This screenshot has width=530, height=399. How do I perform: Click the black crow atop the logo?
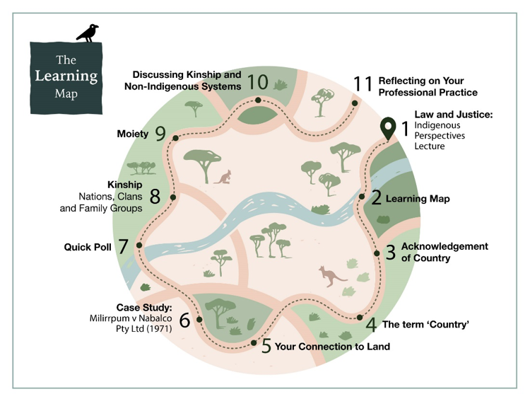pyautogui.click(x=88, y=33)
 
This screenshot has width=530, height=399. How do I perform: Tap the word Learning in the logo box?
pyautogui.click(x=67, y=76)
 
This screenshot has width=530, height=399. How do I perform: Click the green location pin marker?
pyautogui.click(x=388, y=129)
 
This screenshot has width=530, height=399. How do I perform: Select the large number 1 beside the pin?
pyautogui.click(x=405, y=128)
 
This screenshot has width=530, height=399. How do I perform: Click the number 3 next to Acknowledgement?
pyautogui.click(x=390, y=253)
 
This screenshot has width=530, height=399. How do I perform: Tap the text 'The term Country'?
pyautogui.click(x=426, y=325)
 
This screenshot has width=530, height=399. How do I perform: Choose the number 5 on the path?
pyautogui.click(x=266, y=347)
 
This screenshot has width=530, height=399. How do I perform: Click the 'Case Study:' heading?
pyautogui.click(x=145, y=308)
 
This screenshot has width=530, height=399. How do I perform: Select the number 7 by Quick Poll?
pyautogui.click(x=123, y=247)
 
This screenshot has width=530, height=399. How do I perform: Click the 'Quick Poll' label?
pyautogui.click(x=88, y=248)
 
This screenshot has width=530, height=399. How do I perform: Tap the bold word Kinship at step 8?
pyautogui.click(x=125, y=183)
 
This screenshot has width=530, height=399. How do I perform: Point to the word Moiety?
pyautogui.click(x=132, y=132)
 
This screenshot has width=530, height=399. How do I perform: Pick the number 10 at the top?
pyautogui.click(x=259, y=82)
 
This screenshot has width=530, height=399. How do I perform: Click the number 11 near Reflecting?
pyautogui.click(x=363, y=83)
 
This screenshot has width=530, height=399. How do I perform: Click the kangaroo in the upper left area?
pyautogui.click(x=224, y=177)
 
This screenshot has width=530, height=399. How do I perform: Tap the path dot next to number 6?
pyautogui.click(x=199, y=320)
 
